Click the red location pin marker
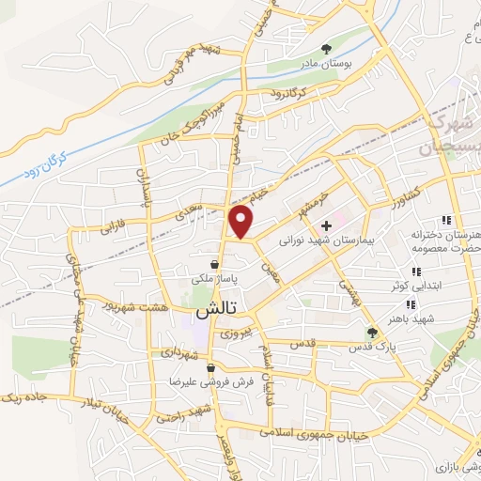[242, 220]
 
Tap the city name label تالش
[214, 308]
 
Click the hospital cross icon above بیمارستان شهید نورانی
[326, 225]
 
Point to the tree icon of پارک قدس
[372, 332]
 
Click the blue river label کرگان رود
[43, 168]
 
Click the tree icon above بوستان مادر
[326, 48]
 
